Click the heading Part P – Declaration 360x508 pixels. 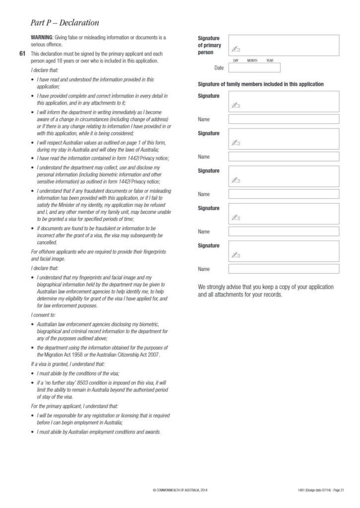[65, 23]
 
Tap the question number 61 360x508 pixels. [22, 53]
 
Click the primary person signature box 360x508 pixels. [284, 45]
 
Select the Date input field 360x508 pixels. [254, 68]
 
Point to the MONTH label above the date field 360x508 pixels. [252, 60]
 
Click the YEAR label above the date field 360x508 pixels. [270, 60]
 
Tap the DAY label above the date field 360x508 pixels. [236, 60]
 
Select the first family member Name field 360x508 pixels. [284, 119]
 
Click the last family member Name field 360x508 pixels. [284, 269]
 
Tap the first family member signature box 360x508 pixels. [284, 101]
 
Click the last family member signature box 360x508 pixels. [284, 251]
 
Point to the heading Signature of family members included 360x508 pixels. [261, 84]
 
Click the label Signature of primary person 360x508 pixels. [210, 45]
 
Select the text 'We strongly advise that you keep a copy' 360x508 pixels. [266, 287]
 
